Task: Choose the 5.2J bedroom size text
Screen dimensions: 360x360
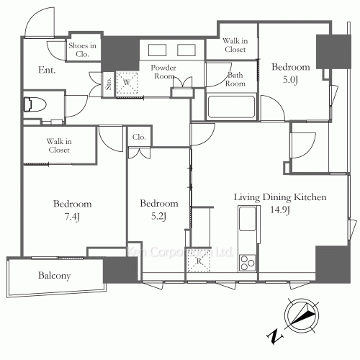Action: pos(159,215)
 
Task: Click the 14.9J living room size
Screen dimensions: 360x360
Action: pos(280,210)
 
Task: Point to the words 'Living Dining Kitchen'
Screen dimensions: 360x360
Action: pos(281,197)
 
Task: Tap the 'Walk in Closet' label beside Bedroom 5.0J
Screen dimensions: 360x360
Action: pos(234,45)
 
